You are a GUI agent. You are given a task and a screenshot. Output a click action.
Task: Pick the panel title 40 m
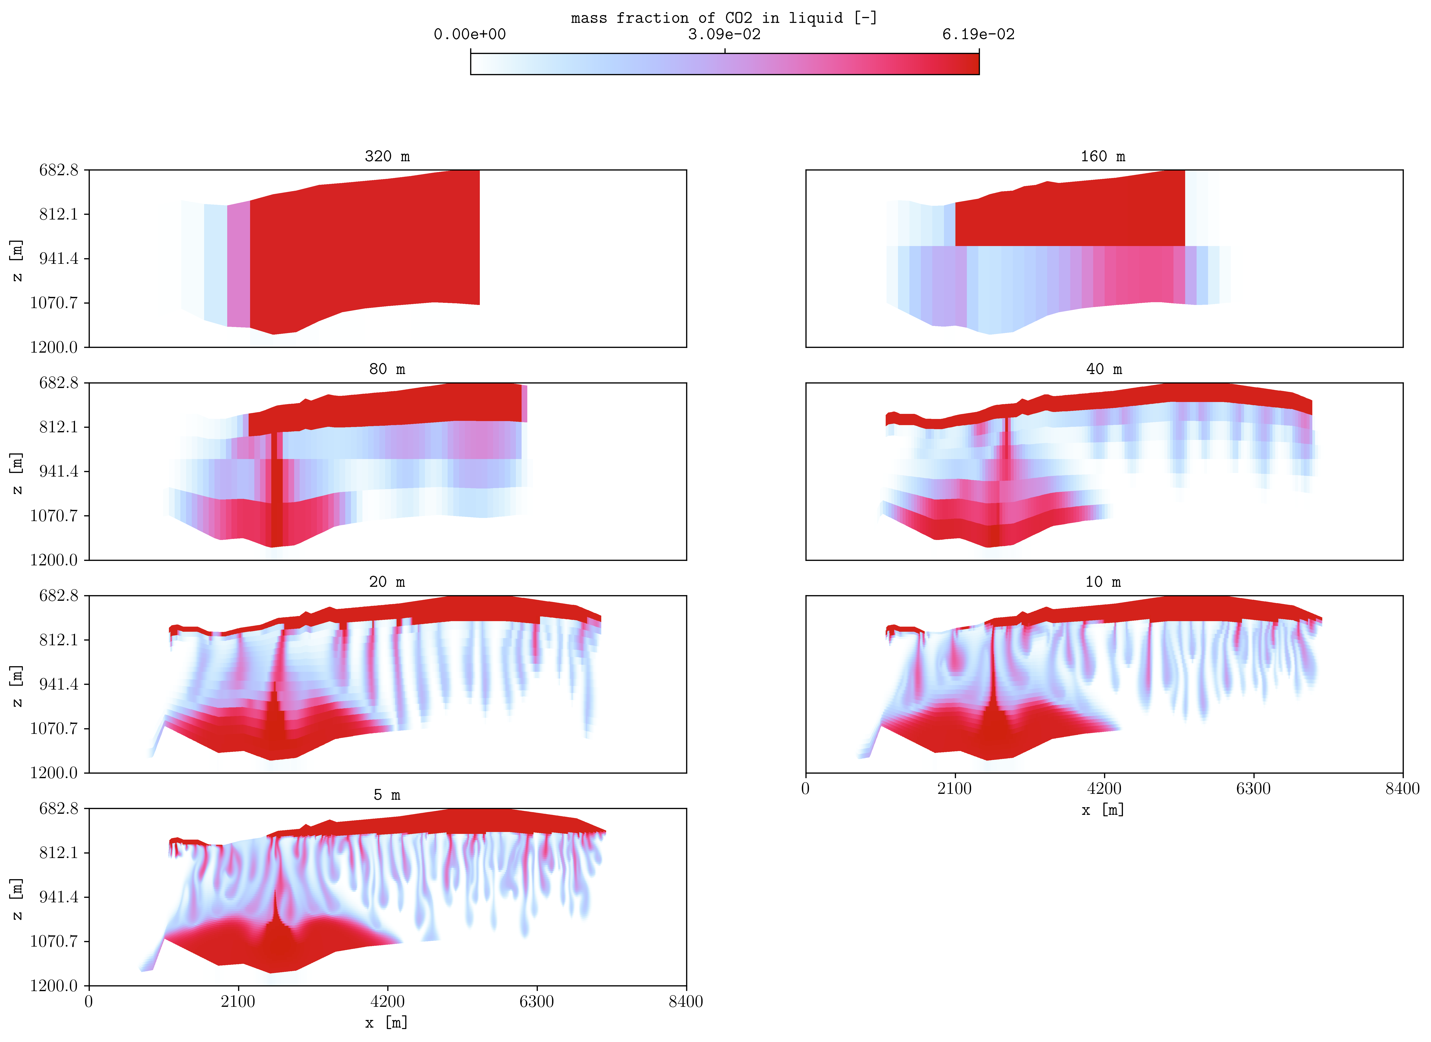(1104, 369)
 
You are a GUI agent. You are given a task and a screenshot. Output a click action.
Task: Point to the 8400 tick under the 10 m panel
(1402, 788)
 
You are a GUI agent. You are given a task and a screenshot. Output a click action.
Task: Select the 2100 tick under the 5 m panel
(238, 1002)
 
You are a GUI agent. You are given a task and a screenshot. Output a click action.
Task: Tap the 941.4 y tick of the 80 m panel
(59, 471)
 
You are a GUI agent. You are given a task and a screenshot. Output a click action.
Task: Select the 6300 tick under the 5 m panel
(536, 1002)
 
